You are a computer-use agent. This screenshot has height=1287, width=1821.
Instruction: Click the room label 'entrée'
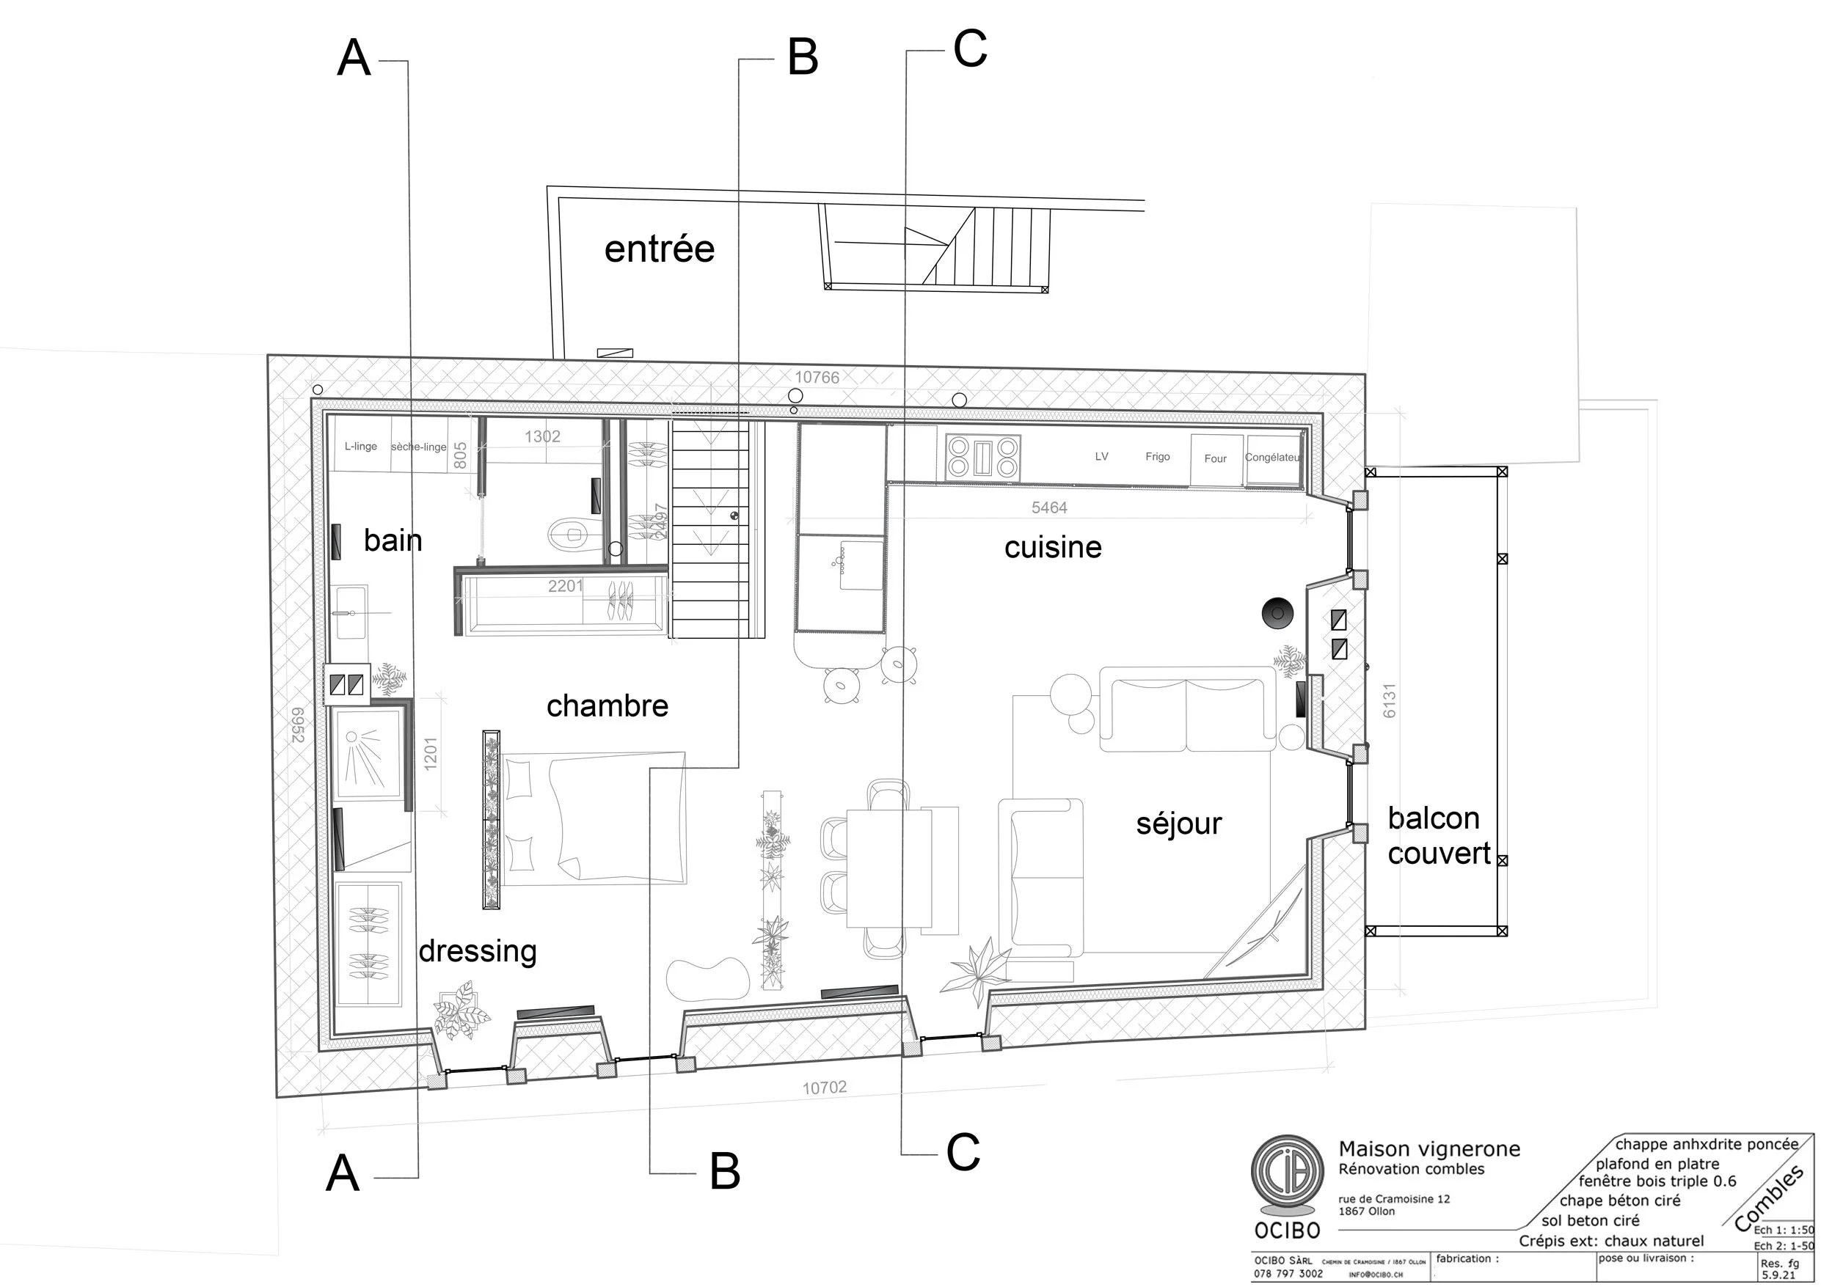(x=659, y=249)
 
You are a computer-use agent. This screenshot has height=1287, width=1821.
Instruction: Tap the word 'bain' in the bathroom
(x=393, y=540)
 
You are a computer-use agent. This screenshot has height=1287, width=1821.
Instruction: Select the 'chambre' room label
(x=607, y=705)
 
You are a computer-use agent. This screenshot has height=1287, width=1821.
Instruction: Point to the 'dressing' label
(x=478, y=950)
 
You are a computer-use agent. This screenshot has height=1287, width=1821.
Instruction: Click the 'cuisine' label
(x=1053, y=546)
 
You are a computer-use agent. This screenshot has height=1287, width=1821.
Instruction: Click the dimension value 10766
(x=817, y=378)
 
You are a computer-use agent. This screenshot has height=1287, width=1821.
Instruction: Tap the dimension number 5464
(x=1048, y=507)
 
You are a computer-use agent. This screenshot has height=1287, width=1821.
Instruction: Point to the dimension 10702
(x=824, y=1088)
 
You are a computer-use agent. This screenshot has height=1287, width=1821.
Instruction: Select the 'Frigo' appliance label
(x=1157, y=457)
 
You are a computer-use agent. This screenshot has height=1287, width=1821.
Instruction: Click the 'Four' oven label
(x=1215, y=458)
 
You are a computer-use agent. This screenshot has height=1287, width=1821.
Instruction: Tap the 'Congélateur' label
(x=1272, y=458)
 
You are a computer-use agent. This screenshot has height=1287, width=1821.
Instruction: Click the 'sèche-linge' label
(x=418, y=447)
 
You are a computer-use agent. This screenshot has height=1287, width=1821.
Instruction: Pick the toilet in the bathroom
(x=568, y=535)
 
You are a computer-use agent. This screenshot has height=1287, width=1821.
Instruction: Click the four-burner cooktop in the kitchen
(x=982, y=457)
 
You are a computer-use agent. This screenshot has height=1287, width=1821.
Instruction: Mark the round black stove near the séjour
(x=1278, y=612)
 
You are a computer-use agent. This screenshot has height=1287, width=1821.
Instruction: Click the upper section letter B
(x=802, y=58)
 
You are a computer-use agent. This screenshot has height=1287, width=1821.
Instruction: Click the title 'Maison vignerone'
(x=1429, y=1149)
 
